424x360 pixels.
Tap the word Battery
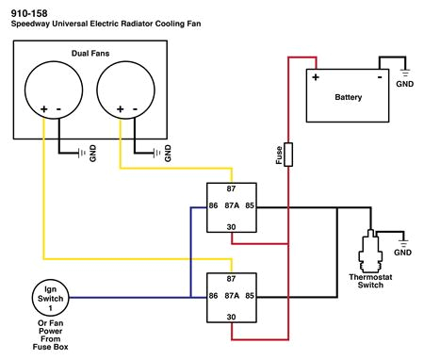click(349, 97)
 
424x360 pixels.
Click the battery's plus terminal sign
click(317, 77)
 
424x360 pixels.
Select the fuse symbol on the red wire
click(288, 155)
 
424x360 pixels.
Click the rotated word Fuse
click(279, 155)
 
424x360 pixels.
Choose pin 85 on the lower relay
click(251, 296)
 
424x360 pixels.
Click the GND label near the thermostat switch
click(403, 253)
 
